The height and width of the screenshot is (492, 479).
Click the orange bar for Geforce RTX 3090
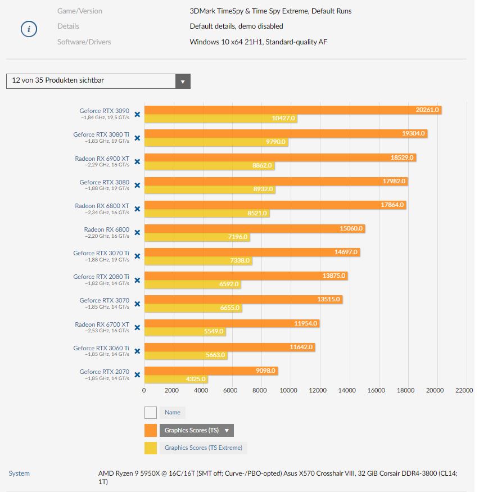[292, 110]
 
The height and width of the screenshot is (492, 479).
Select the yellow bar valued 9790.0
[216, 143]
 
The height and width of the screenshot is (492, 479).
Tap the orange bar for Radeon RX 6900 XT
[280, 157]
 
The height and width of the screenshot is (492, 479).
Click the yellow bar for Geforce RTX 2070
[176, 380]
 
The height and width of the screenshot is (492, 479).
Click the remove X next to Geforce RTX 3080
[137, 185]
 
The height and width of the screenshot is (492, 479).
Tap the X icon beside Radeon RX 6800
[137, 232]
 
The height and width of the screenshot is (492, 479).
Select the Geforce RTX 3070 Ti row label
[101, 253]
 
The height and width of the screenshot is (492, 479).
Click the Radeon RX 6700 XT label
[102, 324]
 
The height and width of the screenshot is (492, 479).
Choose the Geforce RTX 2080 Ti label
[101, 277]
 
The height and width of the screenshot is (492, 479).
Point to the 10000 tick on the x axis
[289, 390]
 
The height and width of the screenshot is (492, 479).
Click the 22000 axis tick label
[464, 390]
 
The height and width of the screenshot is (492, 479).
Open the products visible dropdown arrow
[182, 82]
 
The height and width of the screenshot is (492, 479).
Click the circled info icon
[29, 29]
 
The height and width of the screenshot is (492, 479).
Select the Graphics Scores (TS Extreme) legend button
[203, 448]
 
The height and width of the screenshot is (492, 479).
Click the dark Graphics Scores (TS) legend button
[196, 431]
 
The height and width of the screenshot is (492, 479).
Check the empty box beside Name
[151, 413]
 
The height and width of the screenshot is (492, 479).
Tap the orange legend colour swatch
[151, 431]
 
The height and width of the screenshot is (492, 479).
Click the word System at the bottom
[19, 473]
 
